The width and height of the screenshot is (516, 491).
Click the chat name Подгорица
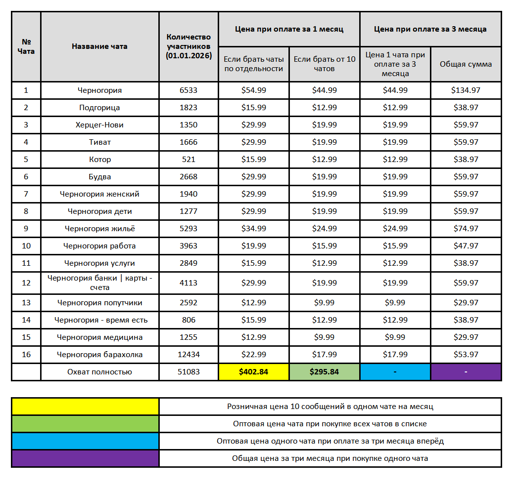(x=99, y=108)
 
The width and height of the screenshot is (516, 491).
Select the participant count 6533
(x=188, y=90)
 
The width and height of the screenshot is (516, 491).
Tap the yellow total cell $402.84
(x=253, y=372)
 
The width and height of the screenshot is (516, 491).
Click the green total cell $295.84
(x=324, y=372)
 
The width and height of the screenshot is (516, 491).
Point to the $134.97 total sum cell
(x=466, y=90)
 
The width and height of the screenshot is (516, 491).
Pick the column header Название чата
(x=99, y=46)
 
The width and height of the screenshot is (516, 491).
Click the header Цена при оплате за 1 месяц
(x=289, y=29)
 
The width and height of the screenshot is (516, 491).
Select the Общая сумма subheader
(x=466, y=64)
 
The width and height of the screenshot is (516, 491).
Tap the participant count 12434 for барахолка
(x=188, y=355)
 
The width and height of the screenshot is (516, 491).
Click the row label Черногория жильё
(x=99, y=229)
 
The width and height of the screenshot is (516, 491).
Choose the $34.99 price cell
(x=253, y=229)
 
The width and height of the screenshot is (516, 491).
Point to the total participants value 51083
(x=188, y=372)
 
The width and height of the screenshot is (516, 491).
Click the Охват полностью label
(x=99, y=372)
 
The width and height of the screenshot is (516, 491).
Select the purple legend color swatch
(x=85, y=458)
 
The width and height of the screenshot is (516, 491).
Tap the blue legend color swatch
(x=85, y=441)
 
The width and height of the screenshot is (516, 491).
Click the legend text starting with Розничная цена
(x=330, y=407)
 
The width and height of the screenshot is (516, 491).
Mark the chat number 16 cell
(x=26, y=355)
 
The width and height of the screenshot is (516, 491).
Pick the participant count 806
(x=188, y=320)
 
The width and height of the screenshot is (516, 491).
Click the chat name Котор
(x=99, y=160)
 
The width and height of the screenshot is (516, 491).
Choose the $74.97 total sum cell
(x=466, y=229)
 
